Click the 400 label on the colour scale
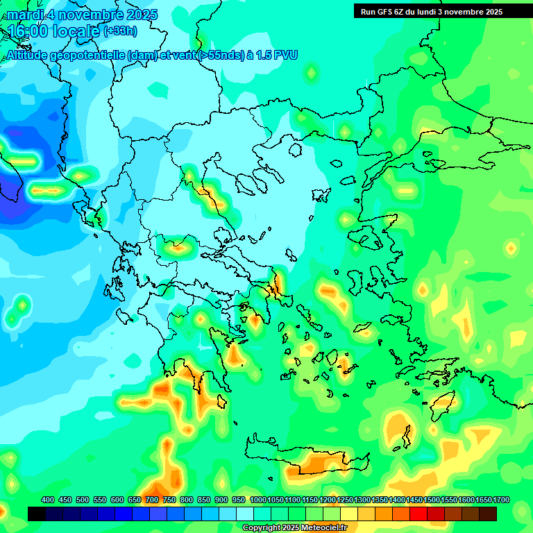(48, 500)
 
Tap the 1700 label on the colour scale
(483, 500)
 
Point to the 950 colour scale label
(239, 500)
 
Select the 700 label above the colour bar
(152, 500)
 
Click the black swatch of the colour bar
(37, 514)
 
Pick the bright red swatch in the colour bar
(418, 514)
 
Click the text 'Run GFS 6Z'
(382, 11)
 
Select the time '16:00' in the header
(27, 31)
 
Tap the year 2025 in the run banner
(493, 11)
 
